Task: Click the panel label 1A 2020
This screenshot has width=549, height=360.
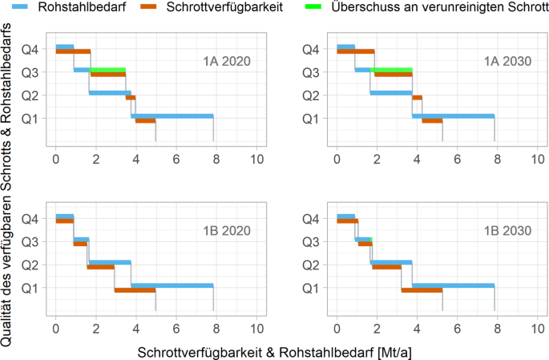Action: [225, 62]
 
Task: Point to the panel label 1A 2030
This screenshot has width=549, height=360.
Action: [507, 62]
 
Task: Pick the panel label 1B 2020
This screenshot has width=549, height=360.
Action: [225, 231]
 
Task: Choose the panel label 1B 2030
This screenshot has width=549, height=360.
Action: [507, 231]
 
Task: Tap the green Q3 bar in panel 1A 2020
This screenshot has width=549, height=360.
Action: [108, 70]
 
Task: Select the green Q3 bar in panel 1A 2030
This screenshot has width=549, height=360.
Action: [393, 70]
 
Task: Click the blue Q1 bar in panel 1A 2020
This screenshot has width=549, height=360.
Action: [172, 115]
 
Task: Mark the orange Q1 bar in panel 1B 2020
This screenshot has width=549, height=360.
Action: [135, 290]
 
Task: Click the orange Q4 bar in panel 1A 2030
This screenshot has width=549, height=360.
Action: [356, 51]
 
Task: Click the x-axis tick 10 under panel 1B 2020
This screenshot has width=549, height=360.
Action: [256, 330]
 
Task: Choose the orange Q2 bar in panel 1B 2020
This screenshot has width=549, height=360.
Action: [100, 267]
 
